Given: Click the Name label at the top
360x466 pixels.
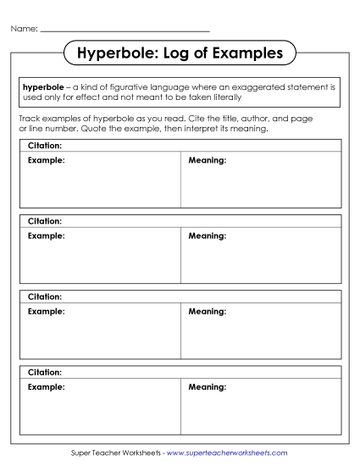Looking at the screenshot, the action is pyautogui.click(x=24, y=29).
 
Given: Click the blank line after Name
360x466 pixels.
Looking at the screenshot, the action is pyautogui.click(x=125, y=31).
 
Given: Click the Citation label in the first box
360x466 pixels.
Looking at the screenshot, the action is pyautogui.click(x=45, y=146).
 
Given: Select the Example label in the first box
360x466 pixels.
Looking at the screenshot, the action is pyautogui.click(x=46, y=159).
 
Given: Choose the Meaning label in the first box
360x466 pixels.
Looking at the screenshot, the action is pyautogui.click(x=208, y=159).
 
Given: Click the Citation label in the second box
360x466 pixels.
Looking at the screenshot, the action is pyautogui.click(x=45, y=221).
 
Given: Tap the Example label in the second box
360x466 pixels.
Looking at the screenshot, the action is pyautogui.click(x=46, y=235).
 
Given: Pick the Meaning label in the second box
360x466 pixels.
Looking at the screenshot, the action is pyautogui.click(x=208, y=235).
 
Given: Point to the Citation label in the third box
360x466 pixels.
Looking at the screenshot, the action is pyautogui.click(x=45, y=297).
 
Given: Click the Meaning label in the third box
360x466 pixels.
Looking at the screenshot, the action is pyautogui.click(x=208, y=311).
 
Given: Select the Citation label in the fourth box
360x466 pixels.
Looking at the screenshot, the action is pyautogui.click(x=45, y=372).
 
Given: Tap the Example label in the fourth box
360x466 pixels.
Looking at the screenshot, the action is pyautogui.click(x=46, y=386).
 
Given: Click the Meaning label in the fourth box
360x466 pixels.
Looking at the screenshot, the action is pyautogui.click(x=208, y=386).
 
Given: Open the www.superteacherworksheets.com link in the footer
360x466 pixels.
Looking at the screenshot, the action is pyautogui.click(x=222, y=453).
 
